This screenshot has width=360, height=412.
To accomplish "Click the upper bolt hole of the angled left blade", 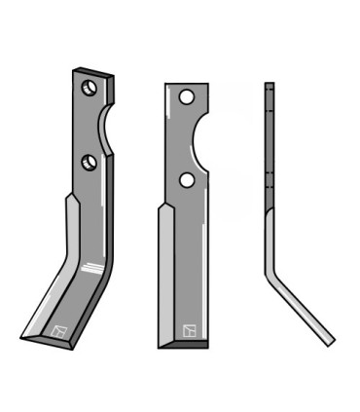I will (x=89, y=88).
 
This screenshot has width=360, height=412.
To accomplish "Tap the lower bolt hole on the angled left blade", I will (x=89, y=161).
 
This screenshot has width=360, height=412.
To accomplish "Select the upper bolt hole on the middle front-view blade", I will (x=186, y=97).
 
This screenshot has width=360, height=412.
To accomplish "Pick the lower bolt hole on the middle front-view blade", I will (x=186, y=180).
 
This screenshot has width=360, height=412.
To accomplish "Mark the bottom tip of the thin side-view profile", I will (x=331, y=342).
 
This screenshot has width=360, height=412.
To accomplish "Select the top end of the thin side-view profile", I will (x=270, y=85).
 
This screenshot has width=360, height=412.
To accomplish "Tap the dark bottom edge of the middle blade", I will (x=183, y=344).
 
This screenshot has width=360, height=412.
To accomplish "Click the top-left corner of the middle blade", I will (x=166, y=85).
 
